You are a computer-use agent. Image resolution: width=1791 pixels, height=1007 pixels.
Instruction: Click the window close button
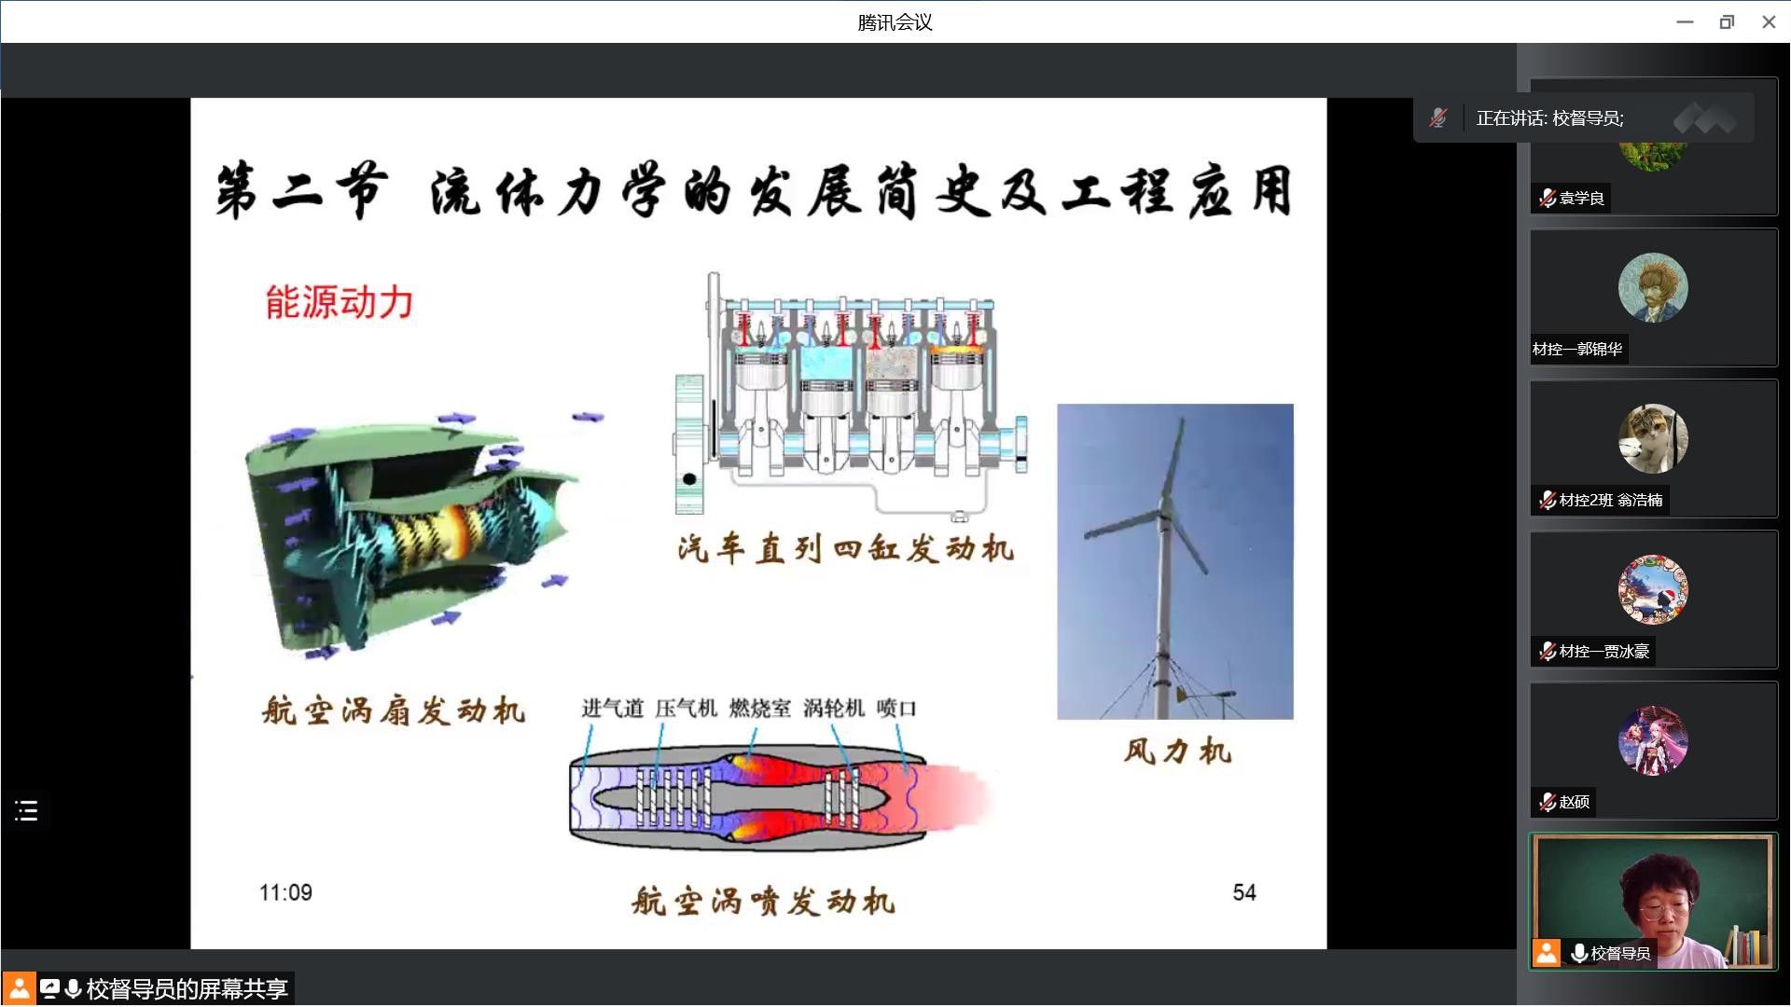tap(1769, 22)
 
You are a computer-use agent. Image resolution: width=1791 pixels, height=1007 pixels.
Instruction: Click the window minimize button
tap(1685, 22)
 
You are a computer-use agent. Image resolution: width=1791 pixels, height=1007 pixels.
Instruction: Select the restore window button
tap(1727, 22)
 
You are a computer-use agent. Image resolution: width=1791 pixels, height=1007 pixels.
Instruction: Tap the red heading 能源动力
tap(340, 302)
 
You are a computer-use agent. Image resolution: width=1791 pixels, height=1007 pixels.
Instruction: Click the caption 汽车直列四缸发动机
tap(846, 548)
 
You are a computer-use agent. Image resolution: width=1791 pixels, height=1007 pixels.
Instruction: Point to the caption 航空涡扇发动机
tap(394, 710)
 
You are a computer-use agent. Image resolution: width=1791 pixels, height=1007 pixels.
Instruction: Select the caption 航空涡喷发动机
tap(763, 901)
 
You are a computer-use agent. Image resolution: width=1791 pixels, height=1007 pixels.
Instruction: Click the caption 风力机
tap(1177, 751)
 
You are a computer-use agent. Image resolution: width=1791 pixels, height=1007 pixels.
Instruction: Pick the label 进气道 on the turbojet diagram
tap(613, 709)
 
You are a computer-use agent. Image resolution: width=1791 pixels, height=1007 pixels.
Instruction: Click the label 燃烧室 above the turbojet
tap(760, 709)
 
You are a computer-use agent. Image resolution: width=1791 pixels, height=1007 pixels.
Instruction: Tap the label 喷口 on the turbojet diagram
tap(896, 709)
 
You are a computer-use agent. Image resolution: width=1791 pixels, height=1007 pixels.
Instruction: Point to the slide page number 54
tap(1244, 892)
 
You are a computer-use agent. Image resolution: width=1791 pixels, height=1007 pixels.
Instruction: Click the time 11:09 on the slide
tap(285, 892)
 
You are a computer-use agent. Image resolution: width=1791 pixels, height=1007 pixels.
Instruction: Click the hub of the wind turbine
tap(1165, 508)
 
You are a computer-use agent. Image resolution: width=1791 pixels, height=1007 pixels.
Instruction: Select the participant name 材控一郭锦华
tap(1577, 349)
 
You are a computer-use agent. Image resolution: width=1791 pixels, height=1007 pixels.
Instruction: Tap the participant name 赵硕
tap(1575, 802)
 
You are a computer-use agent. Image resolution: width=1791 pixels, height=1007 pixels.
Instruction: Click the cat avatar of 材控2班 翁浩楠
tap(1653, 438)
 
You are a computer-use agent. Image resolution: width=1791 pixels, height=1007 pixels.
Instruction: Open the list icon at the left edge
tap(26, 810)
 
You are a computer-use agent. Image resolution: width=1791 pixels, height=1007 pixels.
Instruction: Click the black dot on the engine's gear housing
tap(689, 479)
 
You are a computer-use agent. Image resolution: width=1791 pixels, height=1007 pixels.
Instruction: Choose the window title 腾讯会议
tap(895, 22)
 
